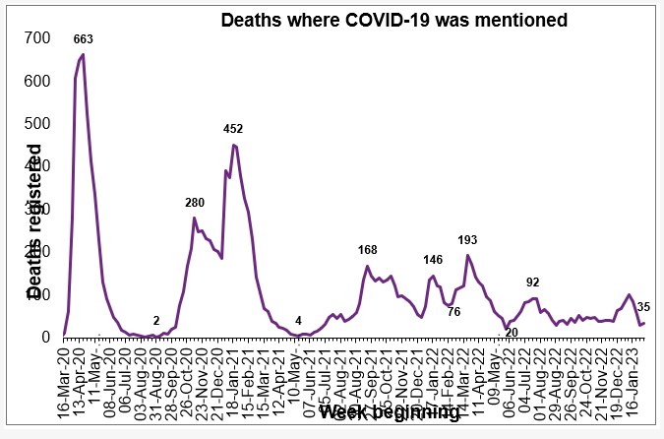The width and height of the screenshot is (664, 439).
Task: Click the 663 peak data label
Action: [84, 39]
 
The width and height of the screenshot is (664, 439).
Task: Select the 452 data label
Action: [233, 129]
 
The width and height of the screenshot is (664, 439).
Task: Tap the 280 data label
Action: [195, 203]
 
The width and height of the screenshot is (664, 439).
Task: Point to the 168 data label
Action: [368, 250]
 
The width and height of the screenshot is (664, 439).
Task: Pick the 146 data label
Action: [433, 260]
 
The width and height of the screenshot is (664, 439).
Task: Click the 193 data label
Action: [468, 240]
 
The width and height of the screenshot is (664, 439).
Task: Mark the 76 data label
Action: [453, 312]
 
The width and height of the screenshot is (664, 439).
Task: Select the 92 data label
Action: [533, 282]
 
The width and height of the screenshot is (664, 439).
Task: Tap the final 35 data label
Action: [643, 307]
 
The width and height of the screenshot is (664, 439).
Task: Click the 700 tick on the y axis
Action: [37, 37]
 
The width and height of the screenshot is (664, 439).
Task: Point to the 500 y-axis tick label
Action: [37, 123]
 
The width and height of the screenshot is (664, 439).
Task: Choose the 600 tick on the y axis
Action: [37, 81]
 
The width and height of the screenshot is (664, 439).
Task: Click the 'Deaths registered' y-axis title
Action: [34, 221]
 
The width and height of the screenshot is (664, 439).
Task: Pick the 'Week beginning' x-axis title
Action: [389, 412]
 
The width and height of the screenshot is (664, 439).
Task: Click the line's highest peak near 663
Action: [83, 55]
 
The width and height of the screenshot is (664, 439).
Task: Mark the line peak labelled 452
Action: [233, 145]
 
